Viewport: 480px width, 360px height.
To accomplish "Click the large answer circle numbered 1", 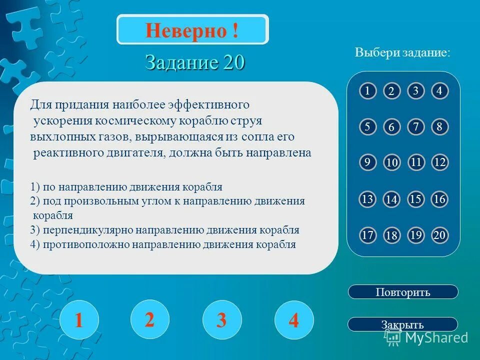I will coord(78,320).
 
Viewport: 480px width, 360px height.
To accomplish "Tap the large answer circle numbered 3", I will coord(221,320).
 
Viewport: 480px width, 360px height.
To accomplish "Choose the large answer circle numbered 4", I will coord(294,320).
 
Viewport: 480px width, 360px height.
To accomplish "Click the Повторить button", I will coord(402,292).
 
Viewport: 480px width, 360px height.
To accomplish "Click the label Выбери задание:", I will coord(402,53).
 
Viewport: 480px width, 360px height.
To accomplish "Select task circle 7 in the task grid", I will coord(415,127).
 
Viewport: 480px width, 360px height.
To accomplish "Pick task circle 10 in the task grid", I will coord(391,163).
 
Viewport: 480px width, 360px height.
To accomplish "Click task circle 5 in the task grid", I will coord(367,127).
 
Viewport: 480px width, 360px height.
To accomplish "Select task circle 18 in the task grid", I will coord(391,236).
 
